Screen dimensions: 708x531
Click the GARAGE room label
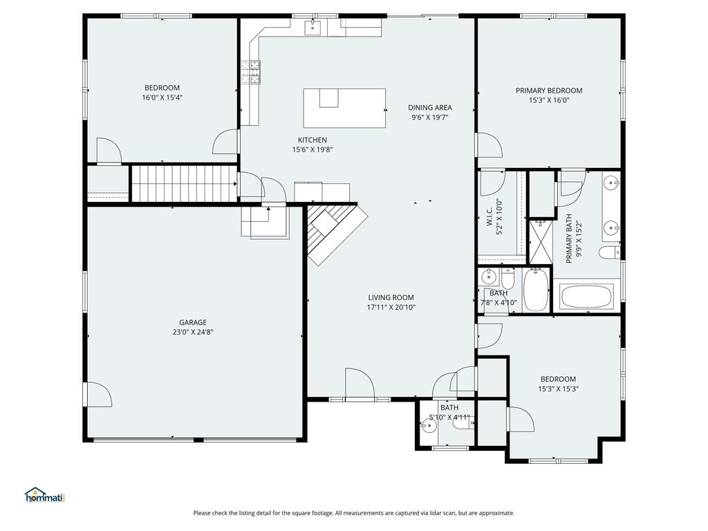point(193,322)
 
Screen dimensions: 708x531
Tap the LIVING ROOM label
point(391,297)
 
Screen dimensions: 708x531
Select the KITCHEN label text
point(313,140)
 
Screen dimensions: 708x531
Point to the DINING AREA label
point(430,107)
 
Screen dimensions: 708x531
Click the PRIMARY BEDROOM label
point(549,91)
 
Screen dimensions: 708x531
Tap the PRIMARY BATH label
point(569,239)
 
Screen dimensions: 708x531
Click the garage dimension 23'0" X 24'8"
point(193,333)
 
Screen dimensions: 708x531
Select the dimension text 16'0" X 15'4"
point(162,97)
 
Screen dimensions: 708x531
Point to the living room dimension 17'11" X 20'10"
point(391,308)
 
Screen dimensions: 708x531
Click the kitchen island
point(344,109)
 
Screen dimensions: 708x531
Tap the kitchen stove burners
point(250,72)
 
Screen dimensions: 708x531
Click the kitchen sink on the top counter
point(313,27)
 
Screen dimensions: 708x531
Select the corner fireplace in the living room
point(334,232)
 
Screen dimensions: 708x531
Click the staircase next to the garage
point(184,183)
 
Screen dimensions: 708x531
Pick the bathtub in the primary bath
point(586,297)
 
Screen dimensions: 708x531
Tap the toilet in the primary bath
point(610,252)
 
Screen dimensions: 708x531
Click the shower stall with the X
point(540,241)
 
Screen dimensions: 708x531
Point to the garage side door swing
point(98,394)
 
